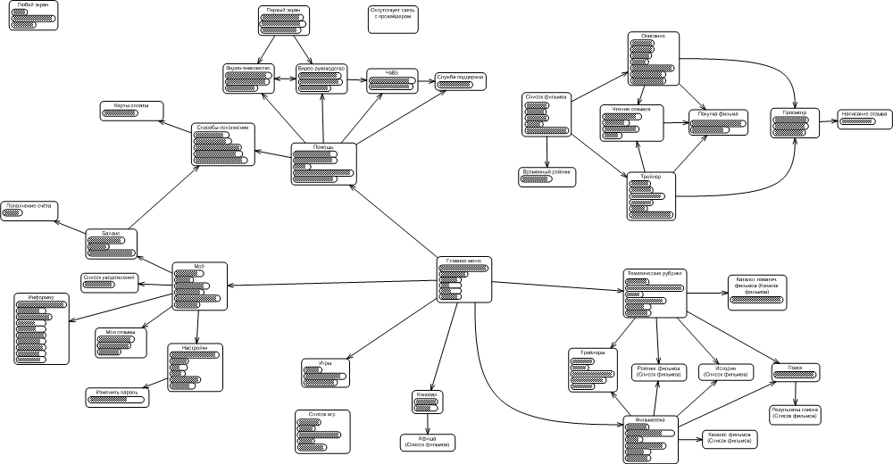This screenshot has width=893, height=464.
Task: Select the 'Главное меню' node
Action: click(x=464, y=280)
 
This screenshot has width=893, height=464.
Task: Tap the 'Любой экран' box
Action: click(x=33, y=17)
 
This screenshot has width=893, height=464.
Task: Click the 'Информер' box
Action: click(x=41, y=327)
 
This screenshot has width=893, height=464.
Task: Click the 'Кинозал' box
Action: click(x=427, y=402)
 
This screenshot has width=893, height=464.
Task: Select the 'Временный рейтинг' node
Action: click(x=547, y=177)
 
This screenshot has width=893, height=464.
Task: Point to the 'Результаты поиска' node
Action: click(x=795, y=413)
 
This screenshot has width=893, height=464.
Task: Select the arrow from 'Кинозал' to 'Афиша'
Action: click(x=427, y=422)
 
